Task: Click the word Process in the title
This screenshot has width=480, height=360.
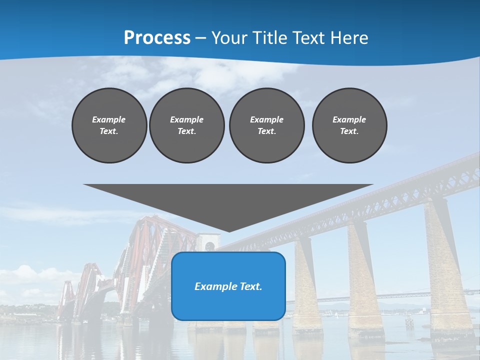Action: (157, 38)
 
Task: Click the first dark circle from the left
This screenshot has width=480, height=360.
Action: (109, 125)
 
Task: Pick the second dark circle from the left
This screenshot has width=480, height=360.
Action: (186, 125)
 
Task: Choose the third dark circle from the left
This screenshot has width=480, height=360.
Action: (266, 125)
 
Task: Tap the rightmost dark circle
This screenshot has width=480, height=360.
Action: (349, 125)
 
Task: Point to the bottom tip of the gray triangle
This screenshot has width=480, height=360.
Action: (229, 231)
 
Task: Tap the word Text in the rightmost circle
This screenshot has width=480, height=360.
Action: (349, 131)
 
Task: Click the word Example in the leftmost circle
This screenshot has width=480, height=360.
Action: (109, 119)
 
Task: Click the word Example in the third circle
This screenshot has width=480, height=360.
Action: (266, 119)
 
